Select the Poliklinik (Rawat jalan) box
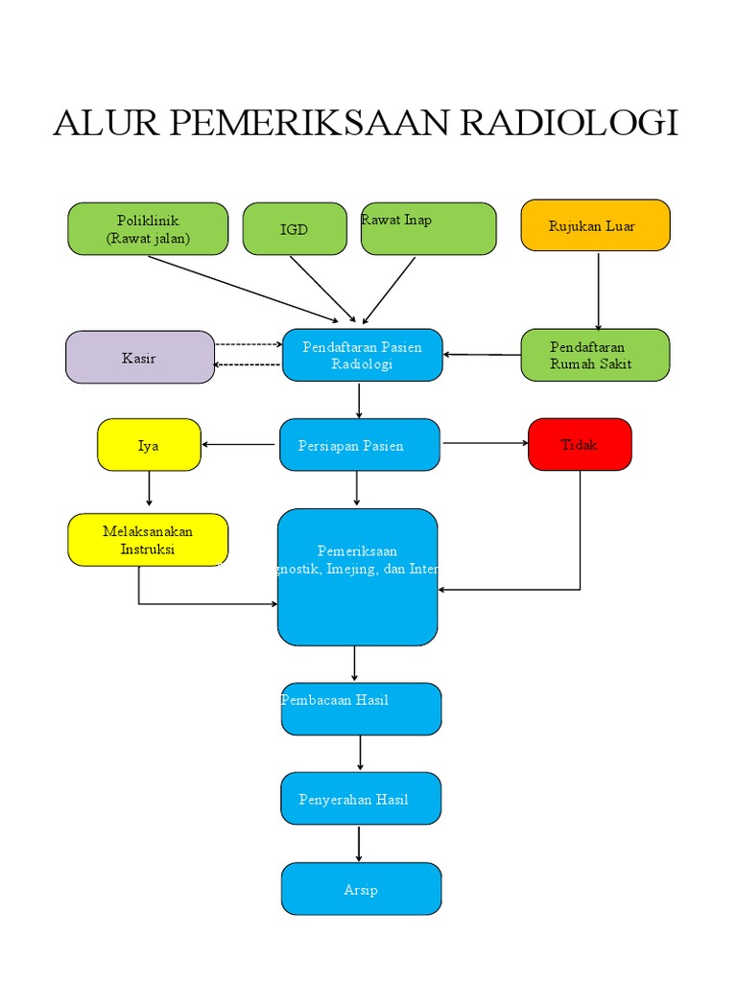[x=148, y=229]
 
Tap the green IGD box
[x=295, y=229]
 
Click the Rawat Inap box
[x=428, y=228]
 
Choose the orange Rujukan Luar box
[x=595, y=225]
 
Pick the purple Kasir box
[x=140, y=358]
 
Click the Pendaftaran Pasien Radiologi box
[x=362, y=355]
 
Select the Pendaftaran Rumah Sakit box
[x=595, y=355]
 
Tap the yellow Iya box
[x=149, y=445]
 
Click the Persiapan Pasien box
[x=360, y=445]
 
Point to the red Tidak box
[x=580, y=444]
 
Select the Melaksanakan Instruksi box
[x=148, y=540]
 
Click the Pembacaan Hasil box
[x=361, y=709]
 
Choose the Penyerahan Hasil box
[x=361, y=798]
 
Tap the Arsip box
[x=361, y=889]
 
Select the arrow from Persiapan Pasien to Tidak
[x=485, y=443]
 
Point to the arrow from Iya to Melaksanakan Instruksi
[x=149, y=490]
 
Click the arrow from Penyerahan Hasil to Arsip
[x=360, y=843]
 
